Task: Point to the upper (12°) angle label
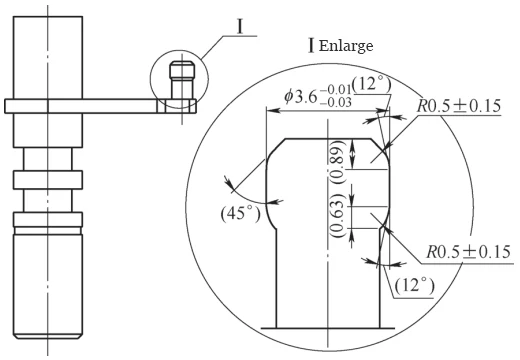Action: [x=372, y=85]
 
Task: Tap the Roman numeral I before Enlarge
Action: [x=314, y=46]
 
